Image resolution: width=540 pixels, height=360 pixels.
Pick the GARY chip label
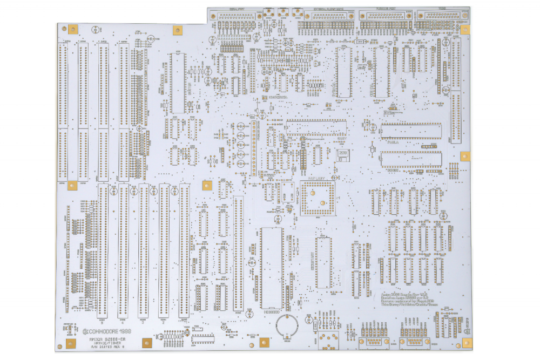(x=341, y=139)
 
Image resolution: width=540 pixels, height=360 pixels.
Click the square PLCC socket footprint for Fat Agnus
(x=317, y=196)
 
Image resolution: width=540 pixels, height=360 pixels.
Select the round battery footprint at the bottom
(x=287, y=326)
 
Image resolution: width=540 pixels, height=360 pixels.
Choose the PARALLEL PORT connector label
(x=381, y=9)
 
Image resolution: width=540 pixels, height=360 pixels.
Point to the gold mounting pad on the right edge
(x=465, y=156)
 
